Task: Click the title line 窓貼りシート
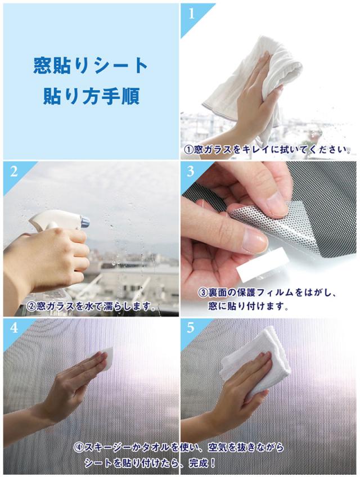click(x=91, y=66)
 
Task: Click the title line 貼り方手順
click(x=91, y=96)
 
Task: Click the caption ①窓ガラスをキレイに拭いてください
click(x=267, y=150)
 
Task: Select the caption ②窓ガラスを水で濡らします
click(x=91, y=306)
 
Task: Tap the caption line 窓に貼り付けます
click(x=248, y=306)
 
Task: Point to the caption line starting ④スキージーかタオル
click(x=179, y=447)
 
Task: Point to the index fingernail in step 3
click(x=255, y=241)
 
